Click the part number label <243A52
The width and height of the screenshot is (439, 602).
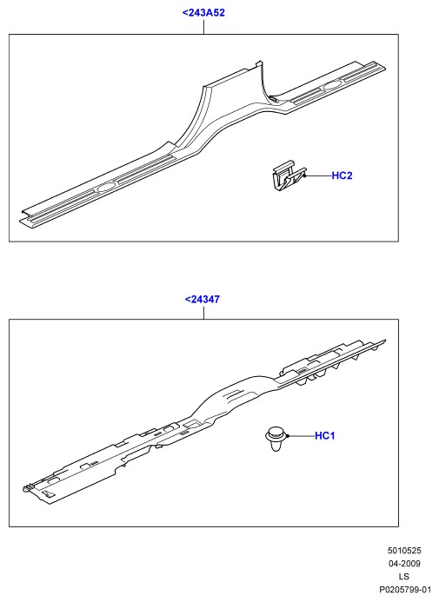pyautogui.click(x=203, y=13)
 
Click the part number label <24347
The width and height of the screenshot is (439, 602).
pyautogui.click(x=203, y=299)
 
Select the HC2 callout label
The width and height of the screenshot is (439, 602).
pyautogui.click(x=342, y=175)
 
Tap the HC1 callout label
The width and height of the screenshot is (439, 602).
pyautogui.click(x=325, y=436)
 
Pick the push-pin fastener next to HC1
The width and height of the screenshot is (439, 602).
pyautogui.click(x=276, y=439)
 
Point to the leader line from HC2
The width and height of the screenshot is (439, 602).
pyautogui.click(x=318, y=175)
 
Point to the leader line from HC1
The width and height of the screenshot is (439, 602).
pyautogui.click(x=301, y=436)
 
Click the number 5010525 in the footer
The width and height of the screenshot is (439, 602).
pyautogui.click(x=404, y=551)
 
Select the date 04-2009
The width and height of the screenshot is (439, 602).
pyautogui.click(x=404, y=564)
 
